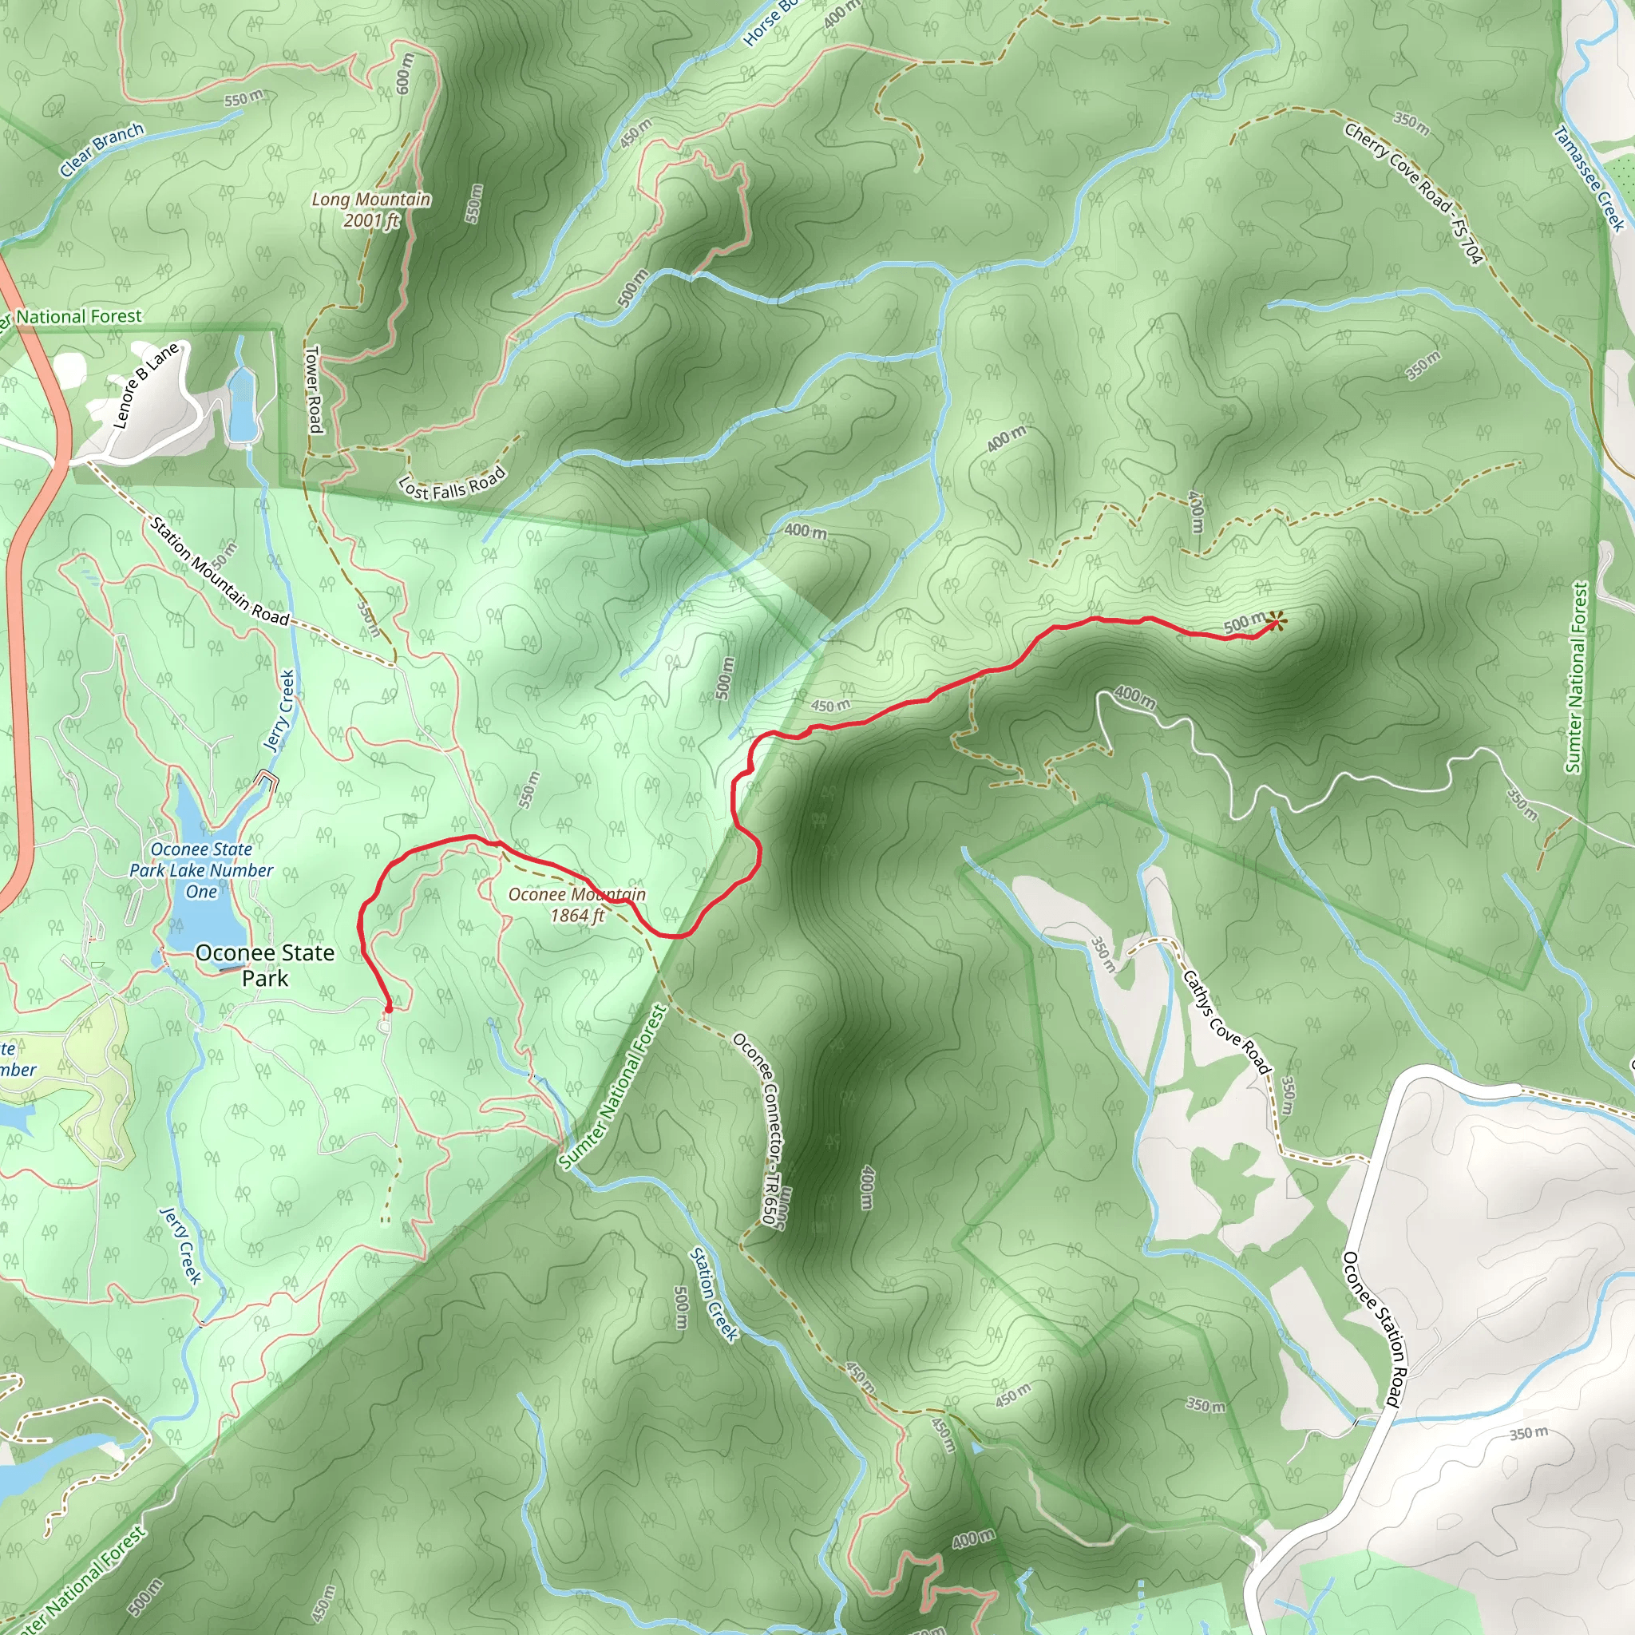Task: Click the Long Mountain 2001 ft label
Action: point(370,210)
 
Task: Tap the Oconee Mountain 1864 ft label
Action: point(576,905)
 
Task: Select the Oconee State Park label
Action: point(265,964)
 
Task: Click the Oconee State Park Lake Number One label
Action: point(201,870)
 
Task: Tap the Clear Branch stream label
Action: point(101,150)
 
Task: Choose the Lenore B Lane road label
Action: point(145,385)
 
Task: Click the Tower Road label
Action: point(313,390)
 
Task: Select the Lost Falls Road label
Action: point(452,483)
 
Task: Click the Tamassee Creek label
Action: point(1590,178)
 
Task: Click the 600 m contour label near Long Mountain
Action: point(405,73)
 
